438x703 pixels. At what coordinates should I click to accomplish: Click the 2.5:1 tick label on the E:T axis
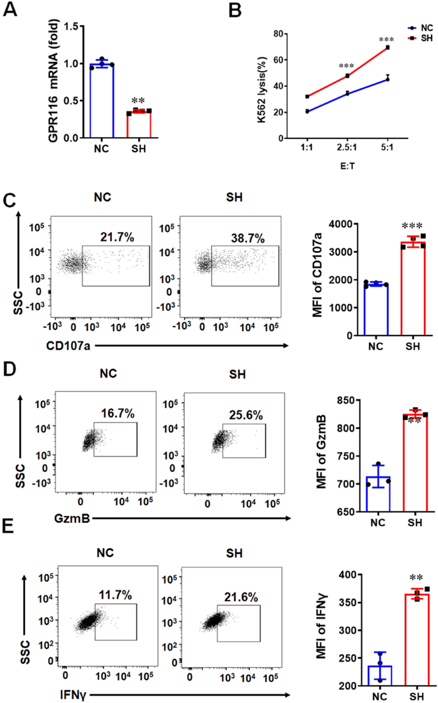point(347,148)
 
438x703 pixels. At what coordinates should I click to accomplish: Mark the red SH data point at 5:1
point(387,47)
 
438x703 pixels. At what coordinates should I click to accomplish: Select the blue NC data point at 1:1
point(308,111)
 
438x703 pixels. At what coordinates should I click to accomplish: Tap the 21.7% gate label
point(118,236)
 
